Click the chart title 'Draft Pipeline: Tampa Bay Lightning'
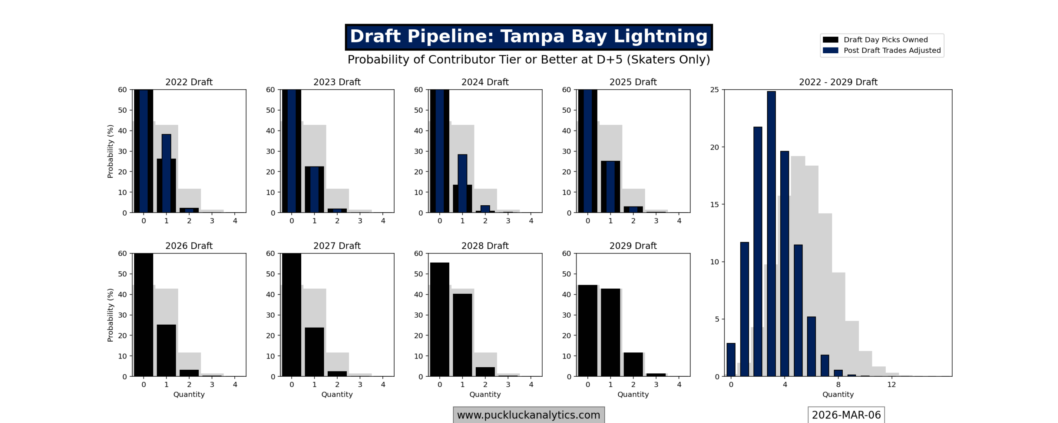[x=528, y=36]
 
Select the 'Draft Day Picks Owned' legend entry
[x=885, y=40]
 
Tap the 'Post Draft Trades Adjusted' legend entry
[x=891, y=50]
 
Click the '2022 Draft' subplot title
[x=189, y=82]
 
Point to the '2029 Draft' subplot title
[x=633, y=246]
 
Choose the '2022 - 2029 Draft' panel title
[x=838, y=82]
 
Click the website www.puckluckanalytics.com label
[x=528, y=415]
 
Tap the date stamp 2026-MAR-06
[x=846, y=415]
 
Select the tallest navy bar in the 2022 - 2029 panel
[x=771, y=233]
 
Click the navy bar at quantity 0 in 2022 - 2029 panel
[x=731, y=359]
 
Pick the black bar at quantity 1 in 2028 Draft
[x=462, y=335]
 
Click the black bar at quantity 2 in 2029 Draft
[x=633, y=364]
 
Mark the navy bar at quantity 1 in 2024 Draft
[x=462, y=183]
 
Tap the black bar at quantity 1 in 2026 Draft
[x=166, y=350]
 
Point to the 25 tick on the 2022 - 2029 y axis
[x=714, y=90]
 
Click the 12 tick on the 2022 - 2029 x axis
[x=891, y=385]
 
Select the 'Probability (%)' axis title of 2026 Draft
[x=110, y=315]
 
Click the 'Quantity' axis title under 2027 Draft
[x=337, y=394]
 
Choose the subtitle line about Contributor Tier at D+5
[x=528, y=59]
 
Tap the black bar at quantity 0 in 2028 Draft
[x=439, y=319]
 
